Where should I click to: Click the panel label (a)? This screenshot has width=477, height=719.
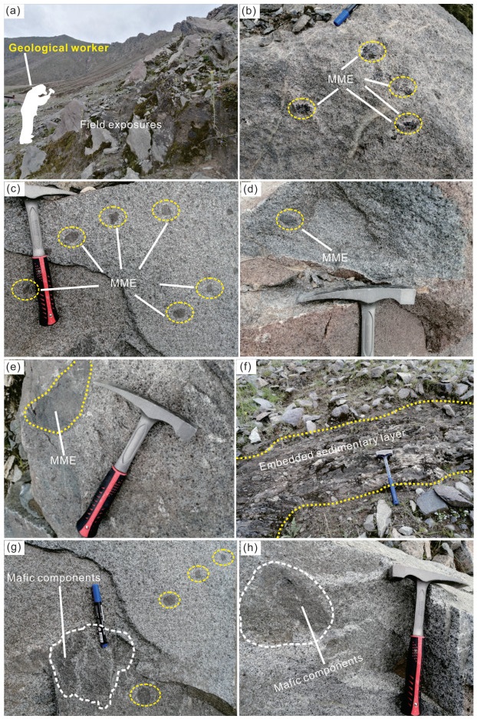click(12, 12)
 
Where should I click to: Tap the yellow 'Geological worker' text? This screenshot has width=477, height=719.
click(59, 48)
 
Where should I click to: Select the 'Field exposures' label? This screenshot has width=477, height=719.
click(120, 124)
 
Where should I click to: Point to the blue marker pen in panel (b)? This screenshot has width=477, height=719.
click(347, 15)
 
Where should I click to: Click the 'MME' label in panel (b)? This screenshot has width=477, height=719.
click(340, 79)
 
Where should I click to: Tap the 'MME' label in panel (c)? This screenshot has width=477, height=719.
click(123, 283)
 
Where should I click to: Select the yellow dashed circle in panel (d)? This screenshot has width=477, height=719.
click(290, 220)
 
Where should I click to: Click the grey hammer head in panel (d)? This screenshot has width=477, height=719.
click(357, 295)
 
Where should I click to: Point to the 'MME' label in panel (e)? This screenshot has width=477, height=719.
click(63, 459)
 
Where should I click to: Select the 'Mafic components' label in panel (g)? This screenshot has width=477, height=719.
click(53, 577)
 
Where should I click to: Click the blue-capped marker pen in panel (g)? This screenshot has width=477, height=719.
click(100, 616)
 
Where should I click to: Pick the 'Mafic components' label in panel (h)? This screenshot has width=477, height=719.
click(318, 673)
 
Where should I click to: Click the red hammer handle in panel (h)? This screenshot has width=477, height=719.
click(414, 674)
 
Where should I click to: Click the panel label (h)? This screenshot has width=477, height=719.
click(248, 548)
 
